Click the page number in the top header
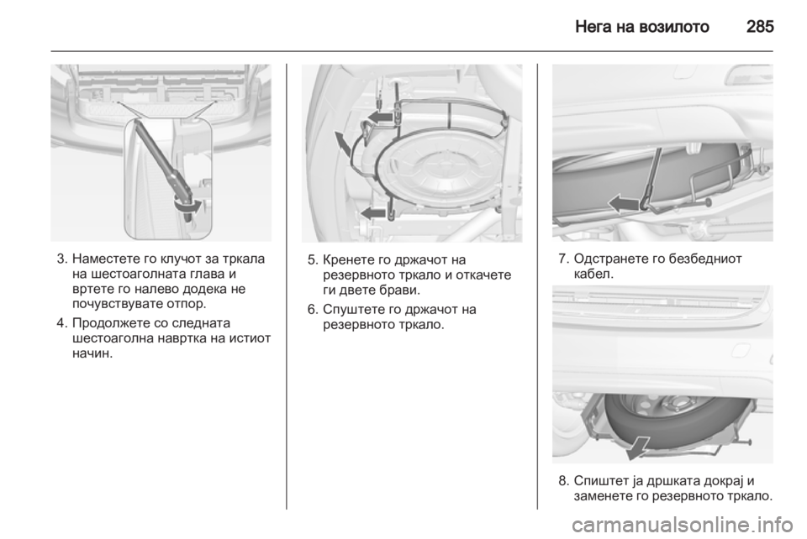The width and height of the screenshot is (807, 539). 758,26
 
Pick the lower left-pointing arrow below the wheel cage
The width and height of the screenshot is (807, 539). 372,212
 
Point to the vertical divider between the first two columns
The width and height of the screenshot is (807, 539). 286,285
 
